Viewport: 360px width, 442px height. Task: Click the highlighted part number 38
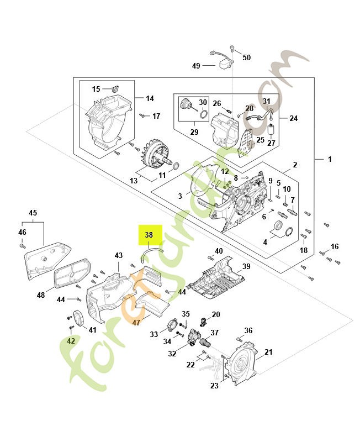point(149,235)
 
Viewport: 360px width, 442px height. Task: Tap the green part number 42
point(71,341)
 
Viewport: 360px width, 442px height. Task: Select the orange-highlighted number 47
point(136,322)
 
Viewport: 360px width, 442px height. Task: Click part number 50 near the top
point(246,57)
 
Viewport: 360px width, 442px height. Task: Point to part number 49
point(196,66)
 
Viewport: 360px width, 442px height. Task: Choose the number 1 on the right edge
point(330,159)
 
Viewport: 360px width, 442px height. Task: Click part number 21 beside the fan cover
point(268,352)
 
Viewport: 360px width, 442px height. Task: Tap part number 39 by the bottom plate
point(246,266)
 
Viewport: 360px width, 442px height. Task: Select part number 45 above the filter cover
point(33,213)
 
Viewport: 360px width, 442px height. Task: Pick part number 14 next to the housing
point(150,98)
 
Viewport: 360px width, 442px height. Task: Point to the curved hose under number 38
point(151,252)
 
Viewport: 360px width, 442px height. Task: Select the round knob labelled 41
point(78,319)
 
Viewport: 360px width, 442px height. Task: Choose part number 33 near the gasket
point(153,334)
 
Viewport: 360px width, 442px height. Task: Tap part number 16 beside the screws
point(335,246)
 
